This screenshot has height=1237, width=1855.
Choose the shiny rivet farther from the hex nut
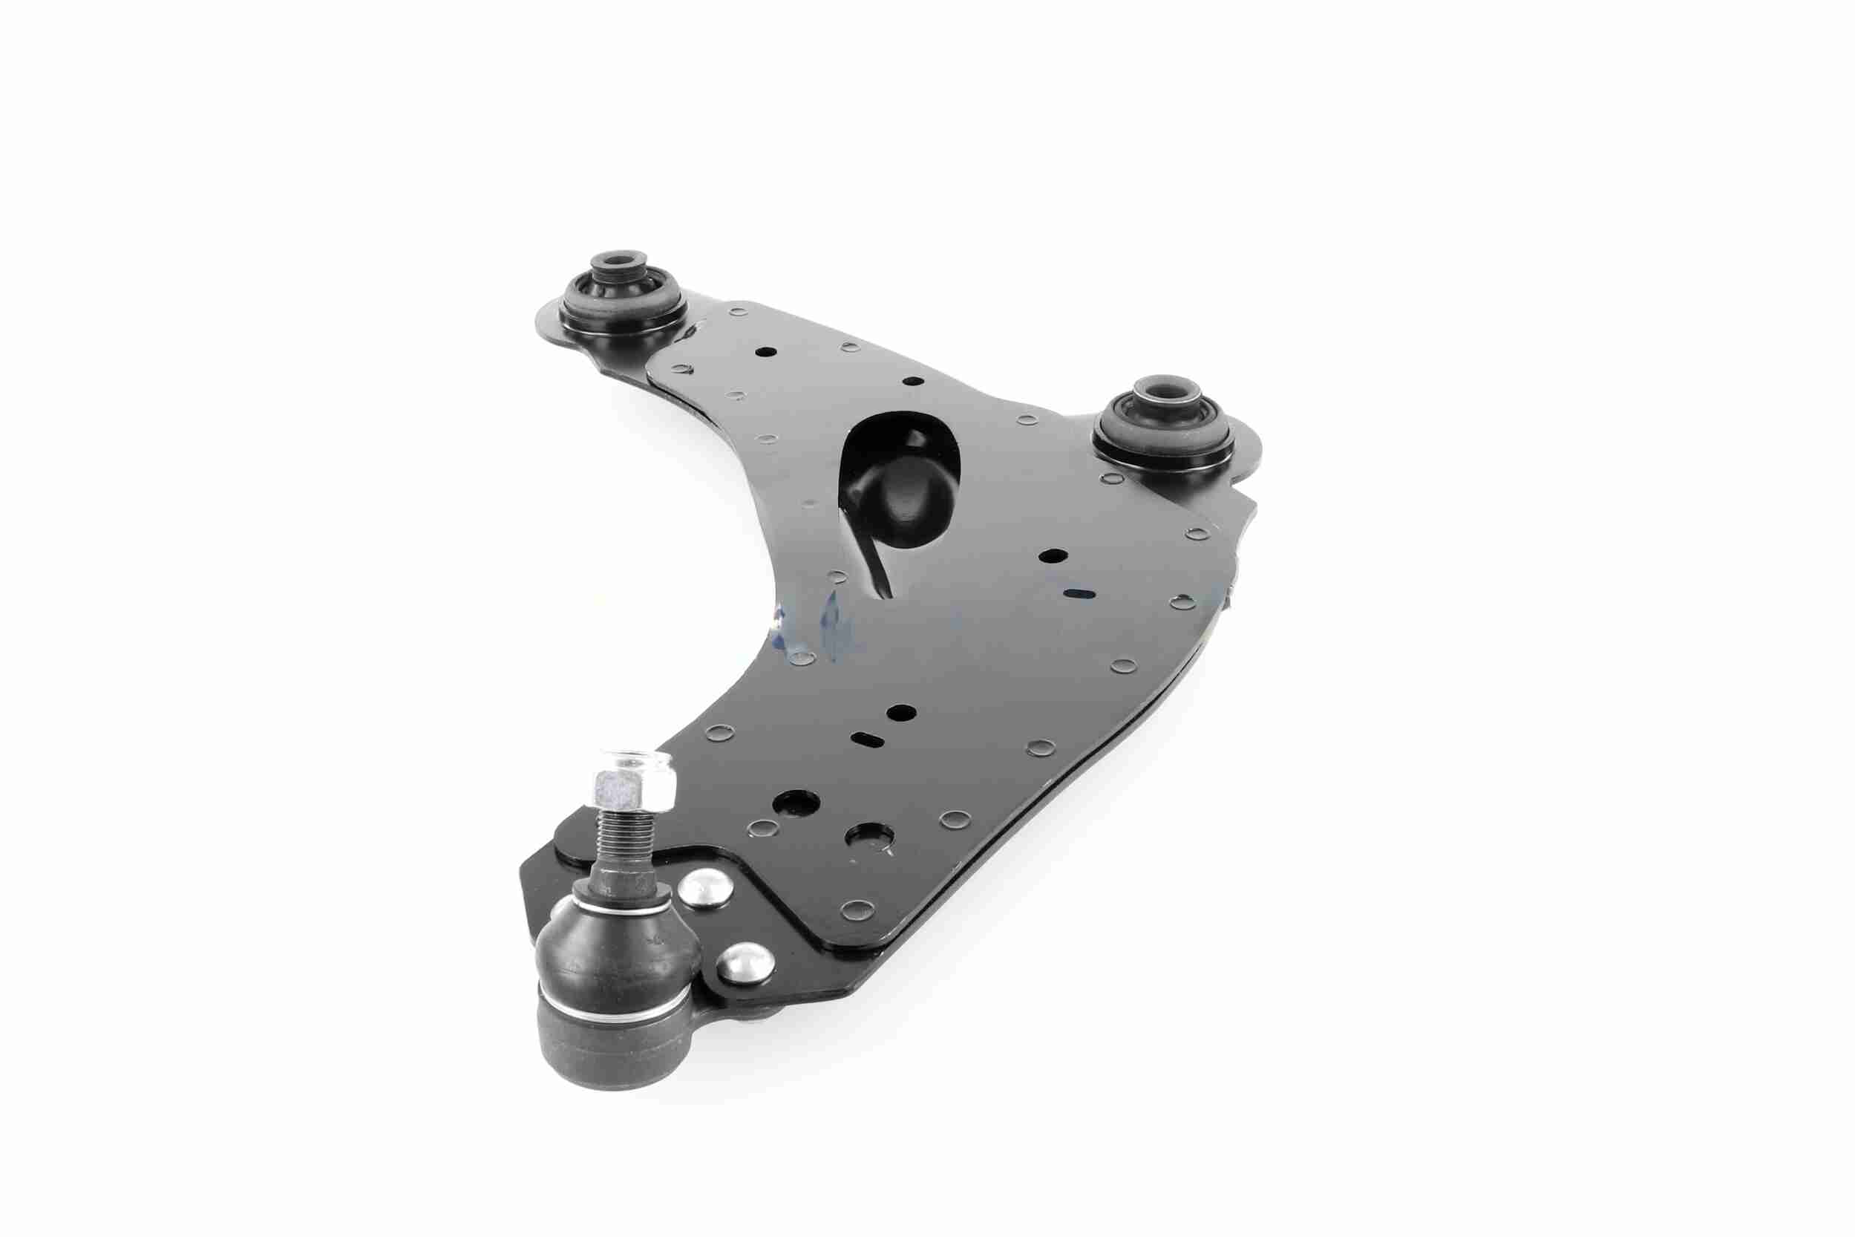point(745,965)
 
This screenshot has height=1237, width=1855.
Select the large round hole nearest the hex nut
point(795,804)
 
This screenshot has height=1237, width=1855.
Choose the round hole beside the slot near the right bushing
point(1051,555)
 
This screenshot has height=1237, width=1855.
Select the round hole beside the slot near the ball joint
point(900,712)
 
